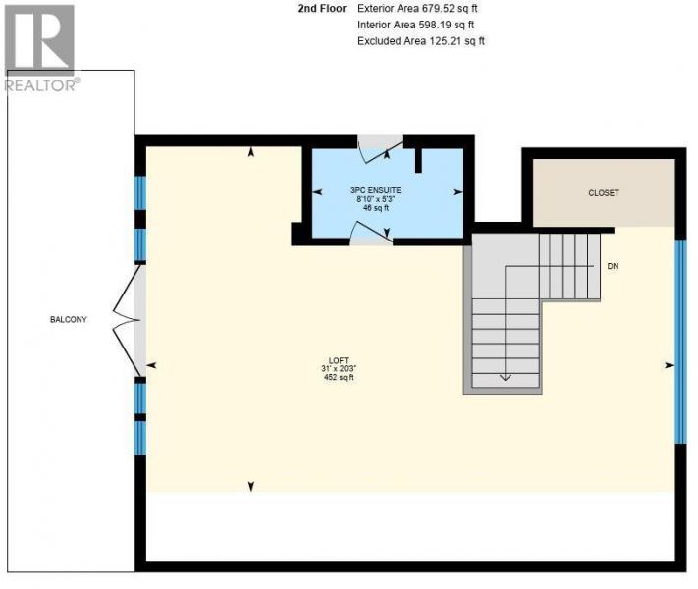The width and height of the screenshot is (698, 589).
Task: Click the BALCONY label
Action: tap(69, 320)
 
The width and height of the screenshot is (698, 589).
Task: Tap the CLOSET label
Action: tap(604, 193)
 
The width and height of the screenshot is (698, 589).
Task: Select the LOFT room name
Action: tap(339, 360)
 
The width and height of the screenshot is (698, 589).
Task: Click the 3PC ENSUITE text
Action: tap(375, 190)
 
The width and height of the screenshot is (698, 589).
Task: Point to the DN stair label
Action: tap(613, 266)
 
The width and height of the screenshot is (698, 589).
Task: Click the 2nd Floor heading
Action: tap(322, 9)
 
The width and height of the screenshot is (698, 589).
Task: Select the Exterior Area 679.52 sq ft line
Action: tap(417, 9)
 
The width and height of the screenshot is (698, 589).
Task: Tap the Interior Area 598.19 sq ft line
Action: tap(416, 25)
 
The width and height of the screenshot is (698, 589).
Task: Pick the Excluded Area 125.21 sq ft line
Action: tap(421, 41)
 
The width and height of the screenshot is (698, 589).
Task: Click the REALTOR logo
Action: tap(40, 48)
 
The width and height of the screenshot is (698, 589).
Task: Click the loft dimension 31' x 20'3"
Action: tap(339, 369)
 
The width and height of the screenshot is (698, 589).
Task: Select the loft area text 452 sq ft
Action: tap(339, 377)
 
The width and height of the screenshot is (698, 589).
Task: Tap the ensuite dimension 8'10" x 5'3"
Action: tap(376, 199)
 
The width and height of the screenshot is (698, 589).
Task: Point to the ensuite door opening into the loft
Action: tap(371, 234)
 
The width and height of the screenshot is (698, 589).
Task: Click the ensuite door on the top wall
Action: tap(381, 148)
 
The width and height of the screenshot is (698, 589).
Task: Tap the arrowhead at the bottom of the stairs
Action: tap(506, 378)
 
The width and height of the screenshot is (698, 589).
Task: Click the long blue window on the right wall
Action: tap(680, 342)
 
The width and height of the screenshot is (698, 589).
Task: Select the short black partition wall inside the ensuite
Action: tap(418, 160)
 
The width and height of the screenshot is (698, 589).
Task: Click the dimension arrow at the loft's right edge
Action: tap(670, 365)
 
